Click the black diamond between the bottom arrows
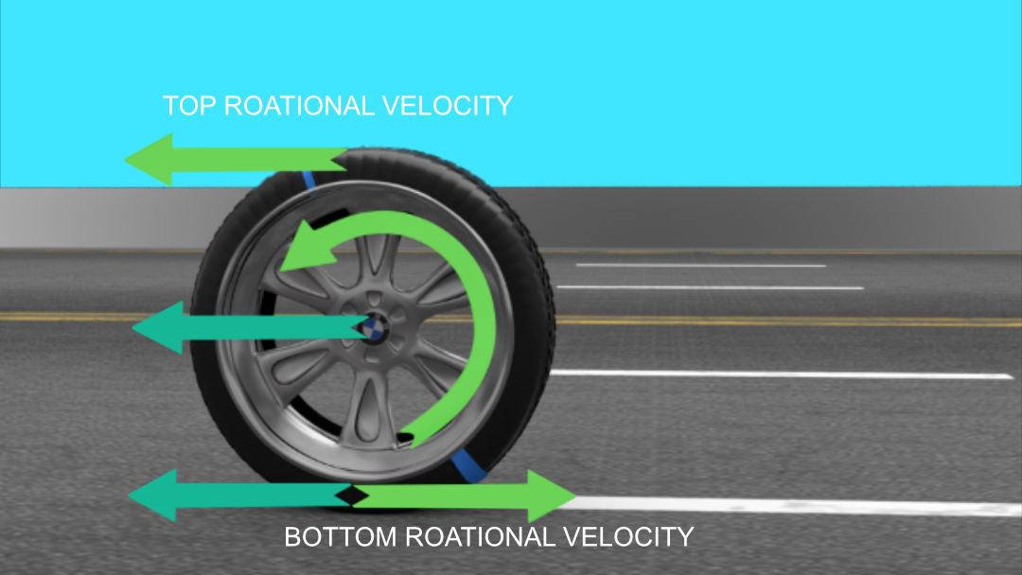click(353, 495)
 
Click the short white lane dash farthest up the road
click(700, 265)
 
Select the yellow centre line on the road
click(757, 322)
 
